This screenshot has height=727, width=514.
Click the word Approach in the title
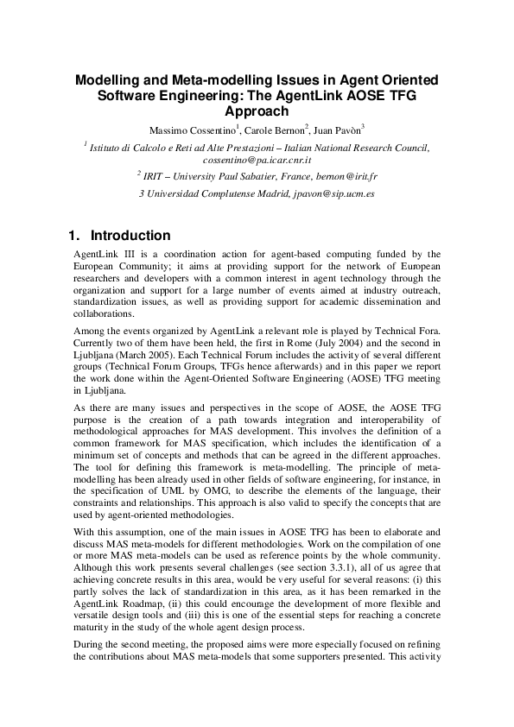(257, 111)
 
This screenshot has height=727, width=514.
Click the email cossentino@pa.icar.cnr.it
(257, 160)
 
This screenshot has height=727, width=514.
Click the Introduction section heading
(130, 236)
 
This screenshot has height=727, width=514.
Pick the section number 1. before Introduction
(75, 236)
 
